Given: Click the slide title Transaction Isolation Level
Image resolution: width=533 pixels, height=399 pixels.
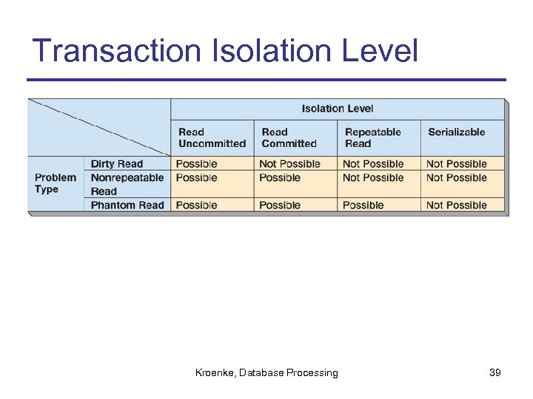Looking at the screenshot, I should (x=226, y=52).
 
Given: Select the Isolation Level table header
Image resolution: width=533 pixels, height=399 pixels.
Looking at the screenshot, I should (x=338, y=109).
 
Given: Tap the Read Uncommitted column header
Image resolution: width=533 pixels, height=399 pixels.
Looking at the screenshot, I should (x=212, y=137).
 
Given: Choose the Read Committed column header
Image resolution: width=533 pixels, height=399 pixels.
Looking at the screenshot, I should (x=289, y=137).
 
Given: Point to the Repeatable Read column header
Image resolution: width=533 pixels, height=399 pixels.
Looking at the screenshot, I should (x=372, y=137).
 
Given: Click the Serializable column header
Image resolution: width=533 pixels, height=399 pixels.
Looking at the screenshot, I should (x=456, y=132).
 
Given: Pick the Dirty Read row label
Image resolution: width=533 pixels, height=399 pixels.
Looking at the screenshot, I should (x=117, y=164).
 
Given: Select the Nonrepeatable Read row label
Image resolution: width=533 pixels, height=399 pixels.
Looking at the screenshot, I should (x=127, y=184).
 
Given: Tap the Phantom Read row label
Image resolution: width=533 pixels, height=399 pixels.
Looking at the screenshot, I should (x=127, y=205).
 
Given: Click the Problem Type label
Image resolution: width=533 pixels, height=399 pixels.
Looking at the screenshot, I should (x=56, y=183).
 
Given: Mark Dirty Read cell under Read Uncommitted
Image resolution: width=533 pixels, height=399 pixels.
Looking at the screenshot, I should (x=197, y=164).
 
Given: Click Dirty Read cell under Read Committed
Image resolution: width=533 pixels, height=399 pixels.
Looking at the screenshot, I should (x=289, y=164).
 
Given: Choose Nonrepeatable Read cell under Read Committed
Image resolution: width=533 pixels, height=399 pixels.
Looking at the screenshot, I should (x=280, y=178).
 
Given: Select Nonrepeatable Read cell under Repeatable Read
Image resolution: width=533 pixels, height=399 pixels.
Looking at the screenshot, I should (x=373, y=178).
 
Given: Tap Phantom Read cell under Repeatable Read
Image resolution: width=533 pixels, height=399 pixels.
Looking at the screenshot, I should (x=363, y=205).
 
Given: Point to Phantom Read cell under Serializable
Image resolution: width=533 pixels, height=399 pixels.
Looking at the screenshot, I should (x=457, y=205).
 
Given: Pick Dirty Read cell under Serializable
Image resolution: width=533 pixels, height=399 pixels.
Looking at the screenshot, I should (x=457, y=164).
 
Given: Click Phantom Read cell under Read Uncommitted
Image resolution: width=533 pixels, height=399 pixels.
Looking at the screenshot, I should (x=197, y=205).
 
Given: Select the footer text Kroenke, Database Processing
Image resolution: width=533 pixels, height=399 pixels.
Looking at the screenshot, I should (x=266, y=373).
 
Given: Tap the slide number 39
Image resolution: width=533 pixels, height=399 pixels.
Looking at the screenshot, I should (x=495, y=373).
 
